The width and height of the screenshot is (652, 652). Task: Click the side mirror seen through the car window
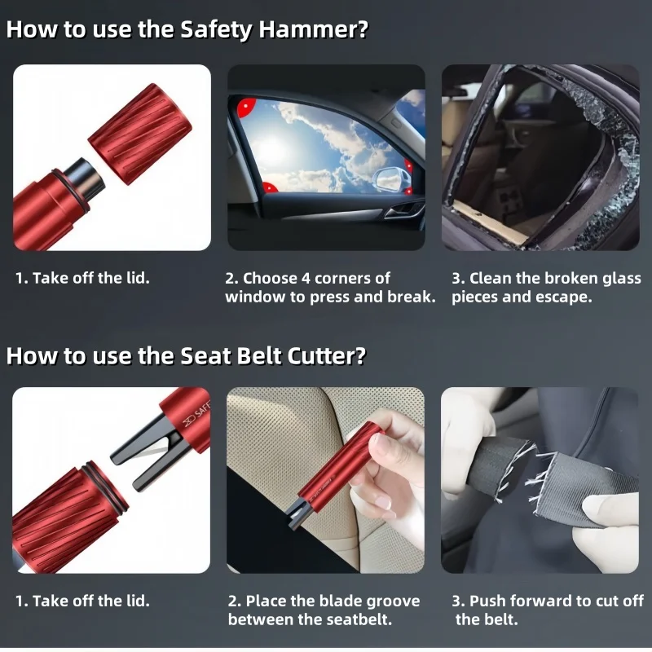pos(389,174)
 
